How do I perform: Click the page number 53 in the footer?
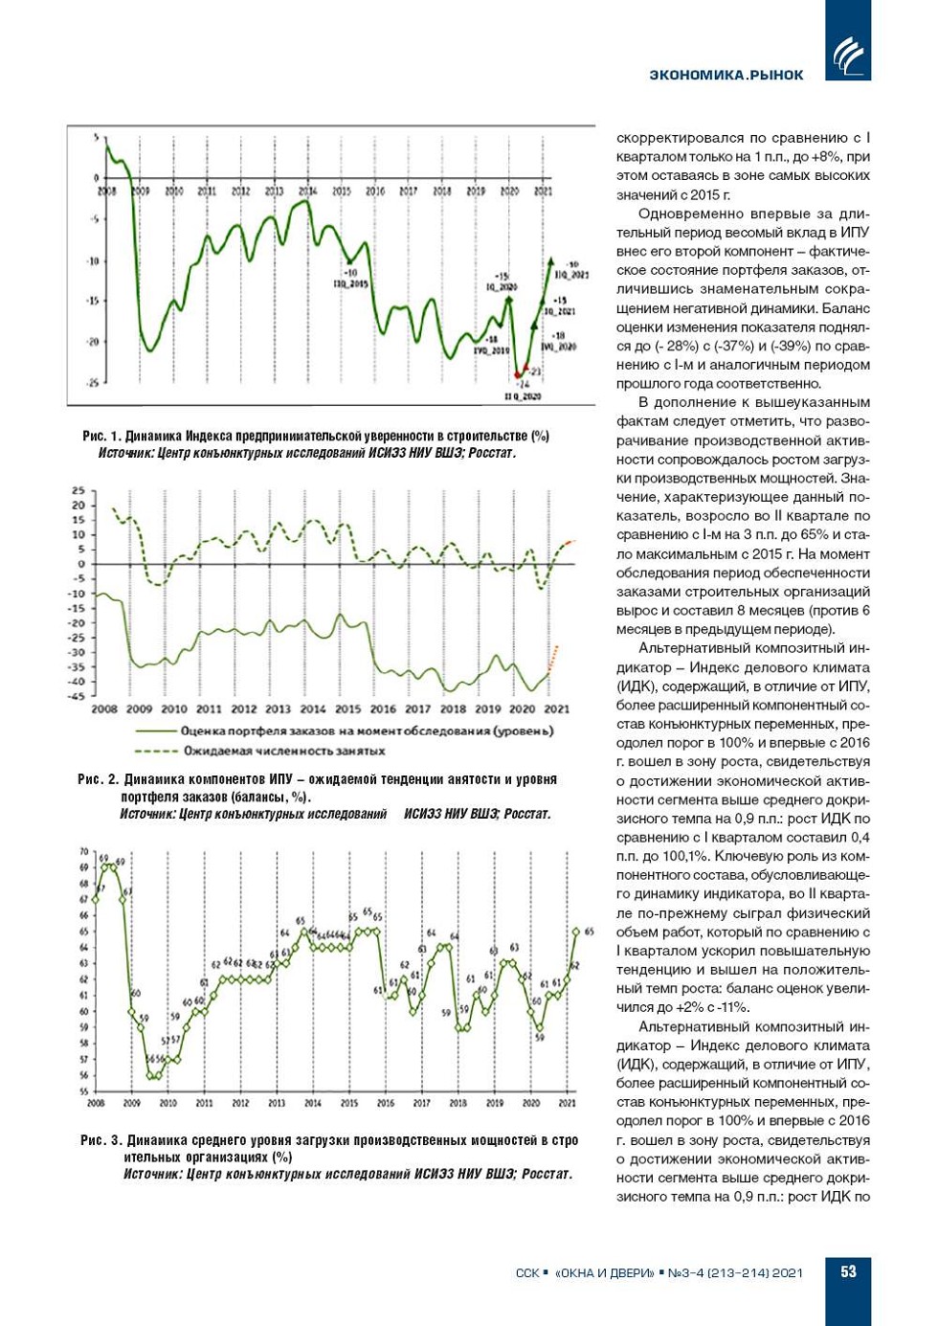(848, 1271)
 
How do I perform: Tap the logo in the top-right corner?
(848, 55)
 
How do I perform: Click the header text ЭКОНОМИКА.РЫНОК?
(726, 75)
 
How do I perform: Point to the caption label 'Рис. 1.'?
(100, 437)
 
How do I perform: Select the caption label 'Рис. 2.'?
(98, 779)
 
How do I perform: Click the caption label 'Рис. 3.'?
(101, 1140)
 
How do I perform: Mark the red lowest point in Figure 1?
(518, 375)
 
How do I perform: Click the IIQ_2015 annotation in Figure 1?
(350, 284)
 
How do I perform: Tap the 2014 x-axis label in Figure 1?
(307, 191)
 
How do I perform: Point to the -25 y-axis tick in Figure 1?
(92, 383)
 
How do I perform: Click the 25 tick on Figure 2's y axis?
(78, 491)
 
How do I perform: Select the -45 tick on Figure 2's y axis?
(77, 696)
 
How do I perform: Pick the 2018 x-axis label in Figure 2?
(453, 709)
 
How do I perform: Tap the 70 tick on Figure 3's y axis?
(84, 851)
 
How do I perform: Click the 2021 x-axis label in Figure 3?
(568, 1103)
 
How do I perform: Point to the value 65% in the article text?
(818, 534)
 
